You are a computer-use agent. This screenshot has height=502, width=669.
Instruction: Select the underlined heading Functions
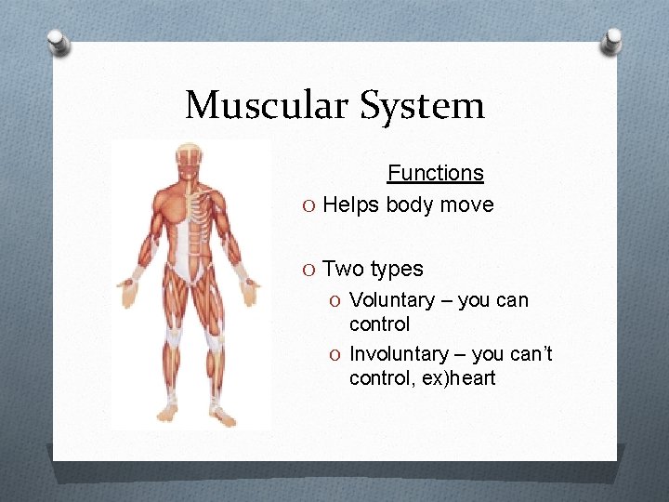[x=435, y=173]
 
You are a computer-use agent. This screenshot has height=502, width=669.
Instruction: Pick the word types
[x=397, y=270]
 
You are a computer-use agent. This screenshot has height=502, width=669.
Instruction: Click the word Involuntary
[x=398, y=354]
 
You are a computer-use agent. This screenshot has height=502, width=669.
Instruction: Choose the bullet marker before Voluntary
[x=337, y=301]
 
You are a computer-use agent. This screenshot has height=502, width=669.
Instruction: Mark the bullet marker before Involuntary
[x=337, y=355]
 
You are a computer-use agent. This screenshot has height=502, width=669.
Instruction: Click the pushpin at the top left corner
[x=59, y=43]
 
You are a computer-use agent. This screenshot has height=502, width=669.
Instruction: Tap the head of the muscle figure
[x=191, y=159]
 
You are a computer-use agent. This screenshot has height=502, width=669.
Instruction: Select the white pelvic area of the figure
[x=190, y=271]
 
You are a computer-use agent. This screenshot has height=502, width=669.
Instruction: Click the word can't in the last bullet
[x=530, y=354]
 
